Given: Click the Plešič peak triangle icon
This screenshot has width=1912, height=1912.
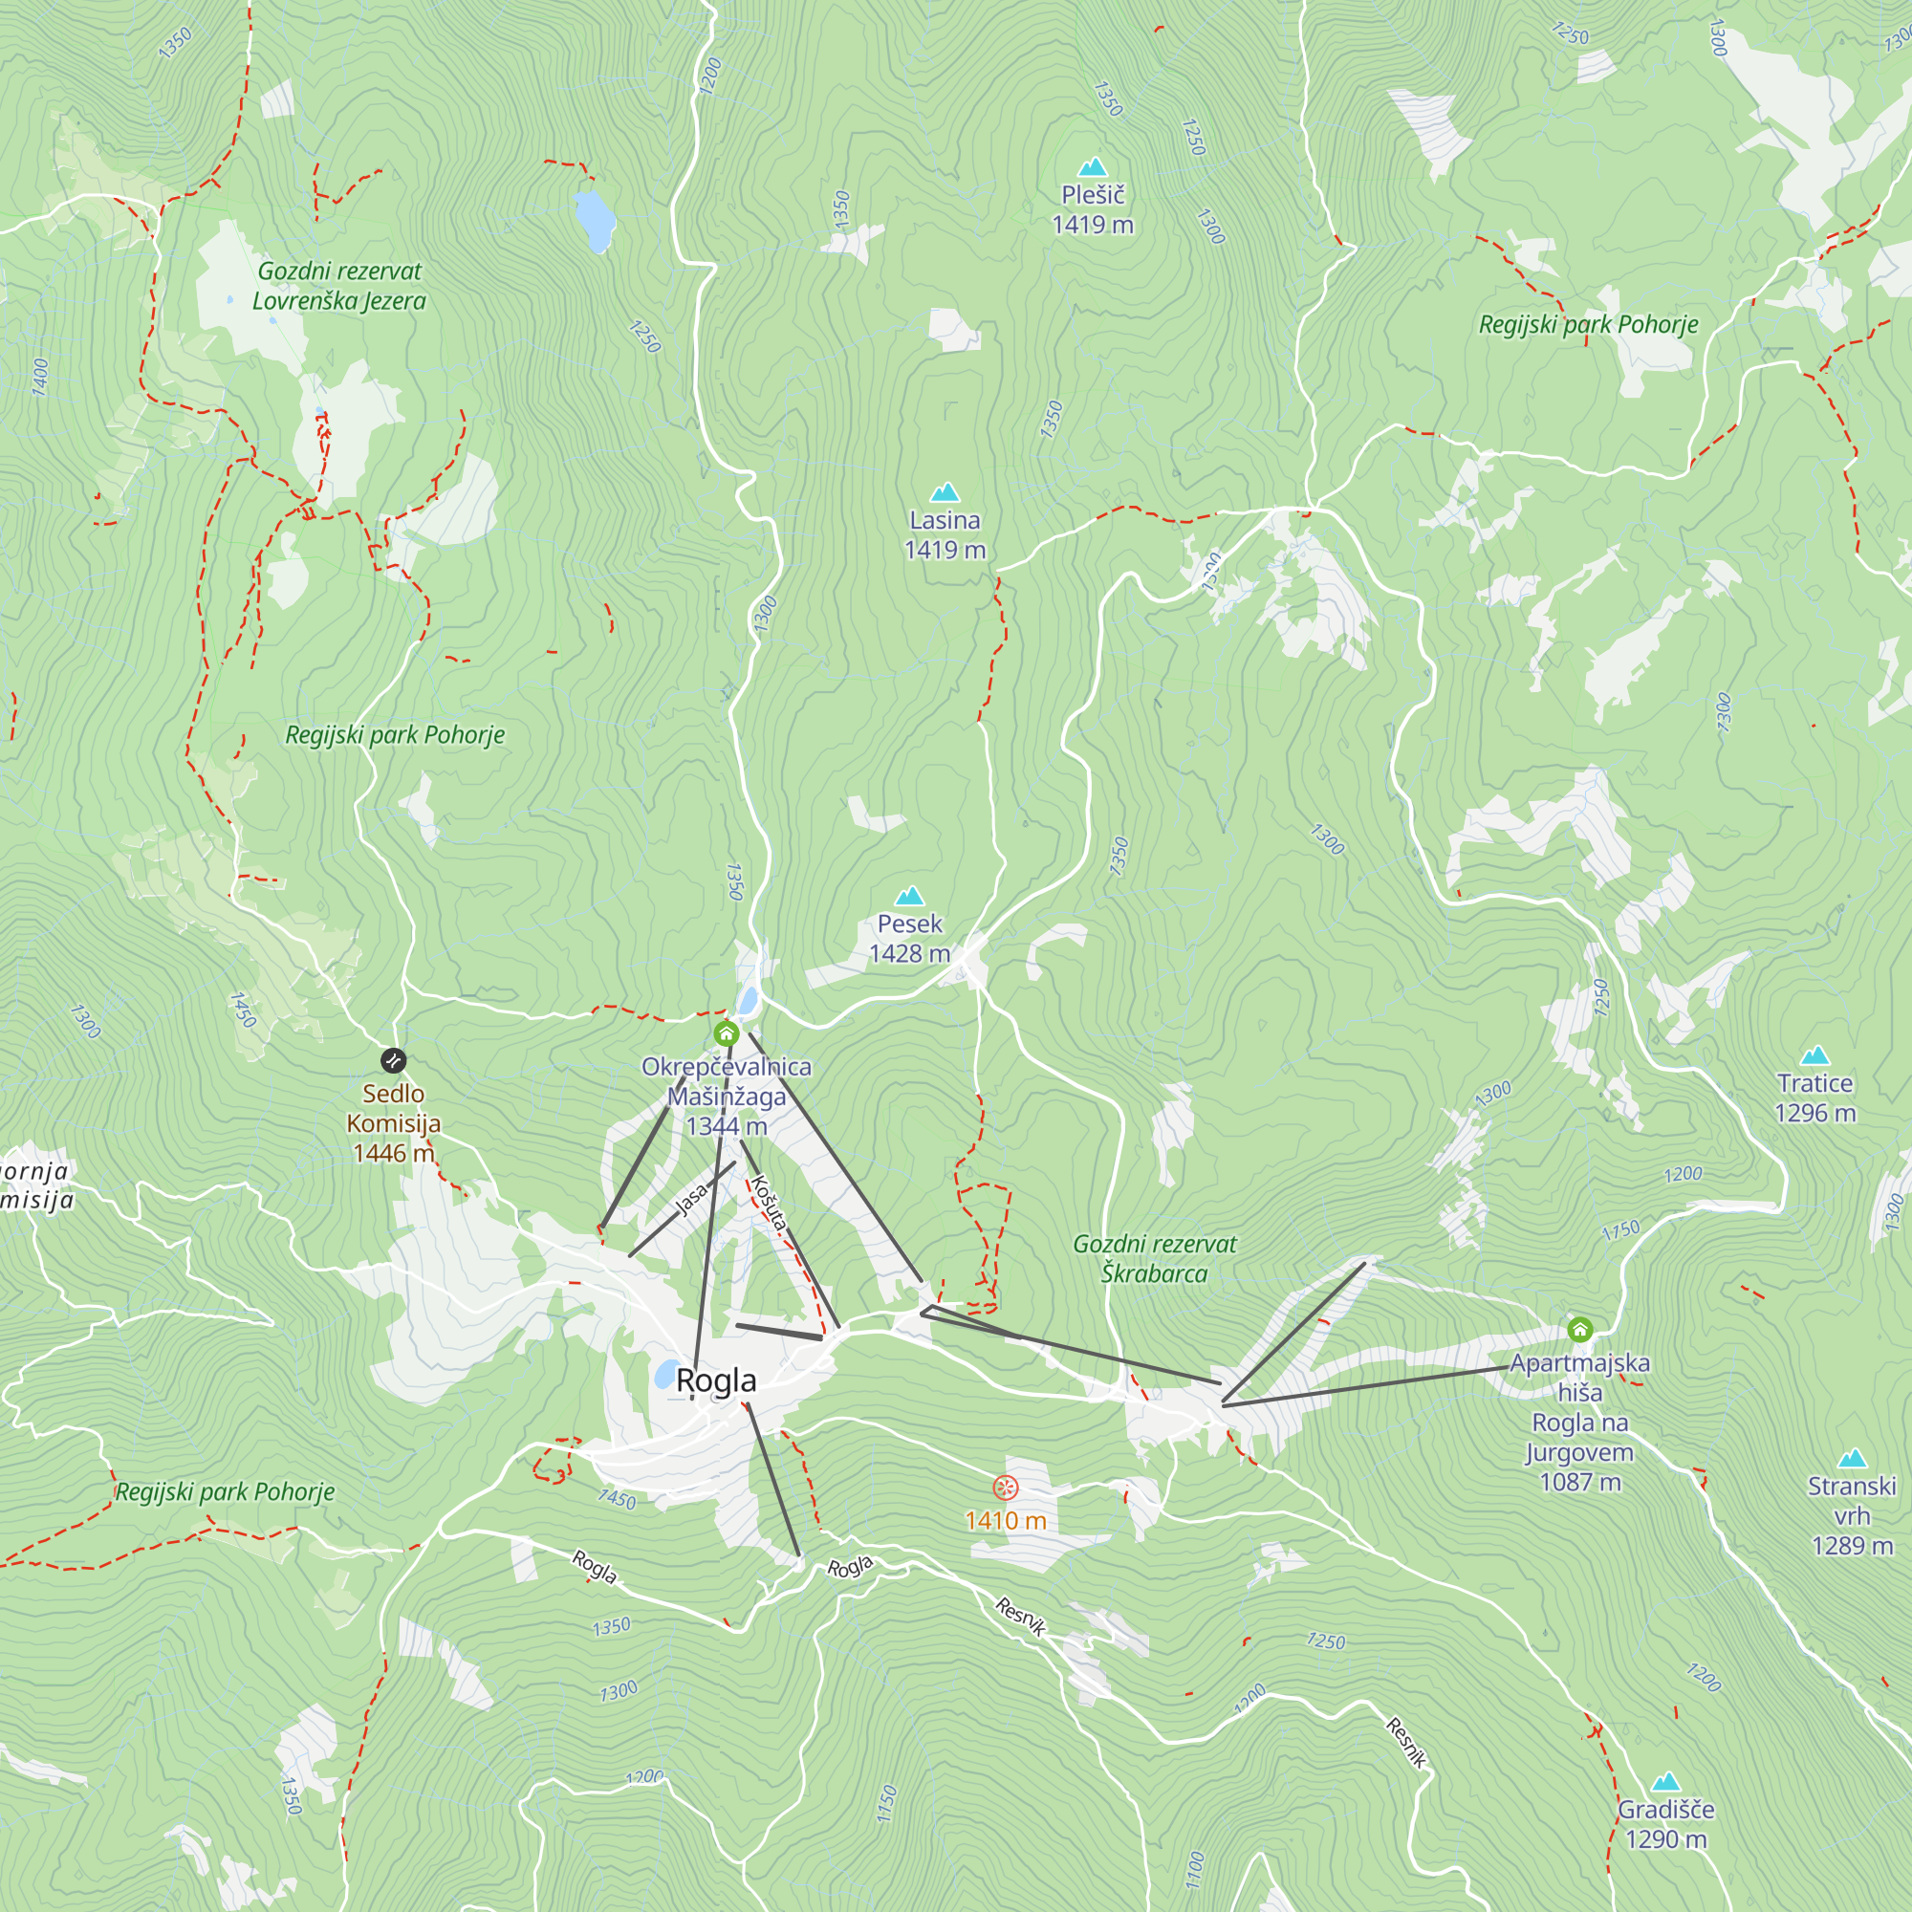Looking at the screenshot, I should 1093,166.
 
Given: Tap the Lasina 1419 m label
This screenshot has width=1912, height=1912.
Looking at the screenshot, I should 945,534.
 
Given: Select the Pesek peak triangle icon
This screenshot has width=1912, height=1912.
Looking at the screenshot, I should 909,897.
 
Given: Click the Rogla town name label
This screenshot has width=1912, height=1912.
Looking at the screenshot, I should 715,1380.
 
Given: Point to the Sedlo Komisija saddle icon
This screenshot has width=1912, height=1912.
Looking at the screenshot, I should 393,1061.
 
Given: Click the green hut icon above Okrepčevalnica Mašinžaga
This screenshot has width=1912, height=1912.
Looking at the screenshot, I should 727,1034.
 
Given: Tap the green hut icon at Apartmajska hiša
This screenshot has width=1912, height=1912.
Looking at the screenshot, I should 1579,1329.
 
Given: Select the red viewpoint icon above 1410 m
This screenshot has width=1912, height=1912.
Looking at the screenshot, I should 1006,1488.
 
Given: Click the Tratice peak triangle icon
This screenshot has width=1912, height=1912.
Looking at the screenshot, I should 1814,1055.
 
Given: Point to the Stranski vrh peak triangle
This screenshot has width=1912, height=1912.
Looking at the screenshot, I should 1851,1458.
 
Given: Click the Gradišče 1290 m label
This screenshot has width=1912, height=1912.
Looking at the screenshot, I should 1665,1824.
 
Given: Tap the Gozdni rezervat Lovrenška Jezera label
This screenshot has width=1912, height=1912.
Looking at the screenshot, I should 339,286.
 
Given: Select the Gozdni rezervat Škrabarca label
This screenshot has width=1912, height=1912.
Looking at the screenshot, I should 1154,1258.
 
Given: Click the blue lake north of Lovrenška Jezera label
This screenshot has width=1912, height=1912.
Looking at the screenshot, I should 594,220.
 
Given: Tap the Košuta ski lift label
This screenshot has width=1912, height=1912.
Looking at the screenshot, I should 768,1202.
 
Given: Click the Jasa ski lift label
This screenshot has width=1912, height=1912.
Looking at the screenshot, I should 692,1198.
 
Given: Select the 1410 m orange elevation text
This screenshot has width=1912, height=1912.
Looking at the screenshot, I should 1006,1520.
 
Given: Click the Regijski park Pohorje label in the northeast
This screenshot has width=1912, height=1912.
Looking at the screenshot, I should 1587,325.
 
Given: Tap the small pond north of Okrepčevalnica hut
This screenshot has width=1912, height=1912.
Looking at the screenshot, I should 749,1001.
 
